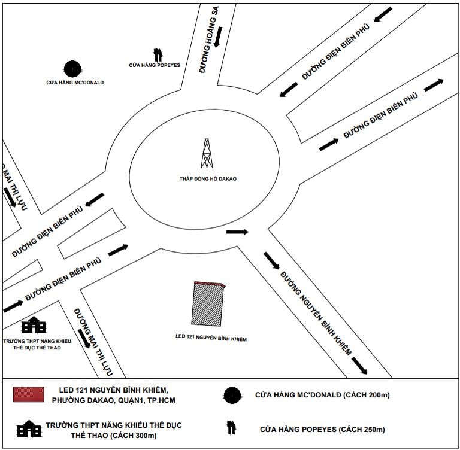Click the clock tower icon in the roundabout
coord(207,153)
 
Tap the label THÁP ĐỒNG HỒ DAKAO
coord(208,178)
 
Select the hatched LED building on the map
coord(208,305)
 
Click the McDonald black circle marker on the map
coord(72,69)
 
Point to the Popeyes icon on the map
coord(158,55)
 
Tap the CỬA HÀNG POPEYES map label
coord(155,65)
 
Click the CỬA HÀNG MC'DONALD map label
coord(75,83)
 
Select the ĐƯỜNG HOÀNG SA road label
coord(209,39)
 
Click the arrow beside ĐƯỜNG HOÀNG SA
coord(218,37)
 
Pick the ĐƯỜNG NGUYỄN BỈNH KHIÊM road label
coord(316,314)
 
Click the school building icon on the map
coord(34,324)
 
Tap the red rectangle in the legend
coord(29,394)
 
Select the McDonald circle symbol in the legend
coord(232,395)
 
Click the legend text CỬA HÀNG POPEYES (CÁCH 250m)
coord(322,430)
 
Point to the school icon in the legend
coord(29,428)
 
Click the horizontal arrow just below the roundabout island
coord(237,232)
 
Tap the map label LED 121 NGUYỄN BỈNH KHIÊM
coord(211,337)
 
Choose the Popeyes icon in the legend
coord(231,428)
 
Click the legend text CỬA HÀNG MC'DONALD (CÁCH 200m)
coord(322,395)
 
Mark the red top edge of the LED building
coord(210,284)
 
